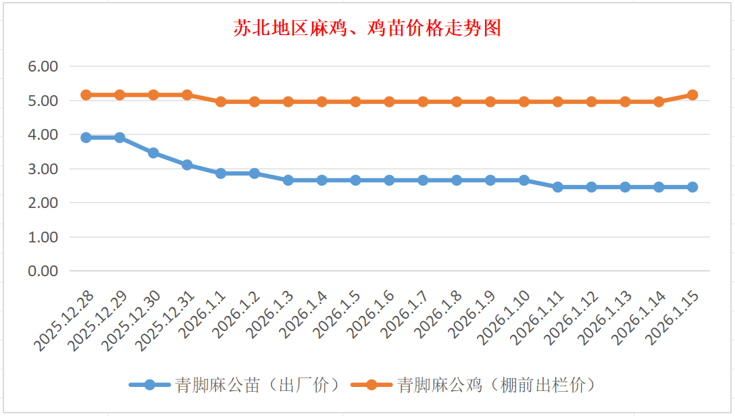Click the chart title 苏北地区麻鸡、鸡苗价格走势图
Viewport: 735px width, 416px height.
point(367,28)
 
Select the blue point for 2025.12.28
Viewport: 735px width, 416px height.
point(86,137)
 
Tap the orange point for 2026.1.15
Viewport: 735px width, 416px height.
point(692,95)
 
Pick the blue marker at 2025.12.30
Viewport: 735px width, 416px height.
point(153,153)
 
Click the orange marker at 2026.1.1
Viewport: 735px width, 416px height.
point(221,102)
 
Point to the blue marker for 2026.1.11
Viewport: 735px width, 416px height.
point(558,187)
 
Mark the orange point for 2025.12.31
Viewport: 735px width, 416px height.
point(187,95)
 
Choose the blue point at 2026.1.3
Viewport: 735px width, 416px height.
point(288,180)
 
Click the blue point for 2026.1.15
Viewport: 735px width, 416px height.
point(692,187)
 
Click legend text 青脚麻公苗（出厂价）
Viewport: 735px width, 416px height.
point(257,385)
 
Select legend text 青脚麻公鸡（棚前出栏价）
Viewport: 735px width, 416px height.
point(496,385)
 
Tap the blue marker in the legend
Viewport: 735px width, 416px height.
point(149,385)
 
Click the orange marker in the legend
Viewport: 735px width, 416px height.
point(372,385)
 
